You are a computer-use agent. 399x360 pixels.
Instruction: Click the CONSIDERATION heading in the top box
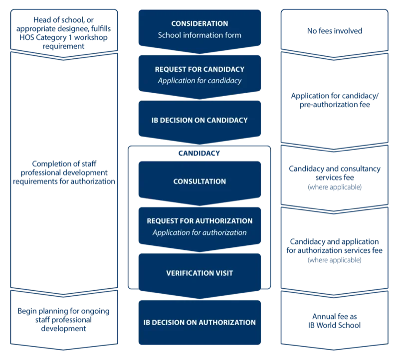point(199,23)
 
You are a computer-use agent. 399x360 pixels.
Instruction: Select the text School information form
point(199,35)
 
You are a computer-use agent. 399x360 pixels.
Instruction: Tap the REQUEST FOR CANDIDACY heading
point(199,69)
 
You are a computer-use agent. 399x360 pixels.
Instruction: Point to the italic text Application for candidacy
point(199,81)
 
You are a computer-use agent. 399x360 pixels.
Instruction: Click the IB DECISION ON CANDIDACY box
point(199,122)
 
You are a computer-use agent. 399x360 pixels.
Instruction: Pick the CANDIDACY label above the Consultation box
point(199,153)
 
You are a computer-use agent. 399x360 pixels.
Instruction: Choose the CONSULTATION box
point(199,183)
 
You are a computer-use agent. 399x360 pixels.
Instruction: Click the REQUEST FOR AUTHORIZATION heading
point(199,221)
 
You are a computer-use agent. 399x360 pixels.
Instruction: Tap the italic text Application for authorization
point(199,232)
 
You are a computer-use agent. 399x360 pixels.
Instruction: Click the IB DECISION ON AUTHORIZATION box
point(199,322)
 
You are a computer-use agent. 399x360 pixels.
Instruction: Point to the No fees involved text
point(335,31)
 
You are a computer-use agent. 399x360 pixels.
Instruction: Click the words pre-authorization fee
point(335,105)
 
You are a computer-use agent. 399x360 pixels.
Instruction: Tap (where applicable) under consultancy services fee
point(335,187)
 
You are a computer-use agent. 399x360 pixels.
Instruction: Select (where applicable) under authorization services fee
point(334,260)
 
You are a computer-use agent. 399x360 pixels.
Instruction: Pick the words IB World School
point(334,325)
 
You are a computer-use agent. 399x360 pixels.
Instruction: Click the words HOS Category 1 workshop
point(63,37)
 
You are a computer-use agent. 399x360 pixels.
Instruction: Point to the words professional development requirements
point(64,177)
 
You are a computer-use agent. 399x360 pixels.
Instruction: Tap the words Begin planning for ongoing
point(63,311)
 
